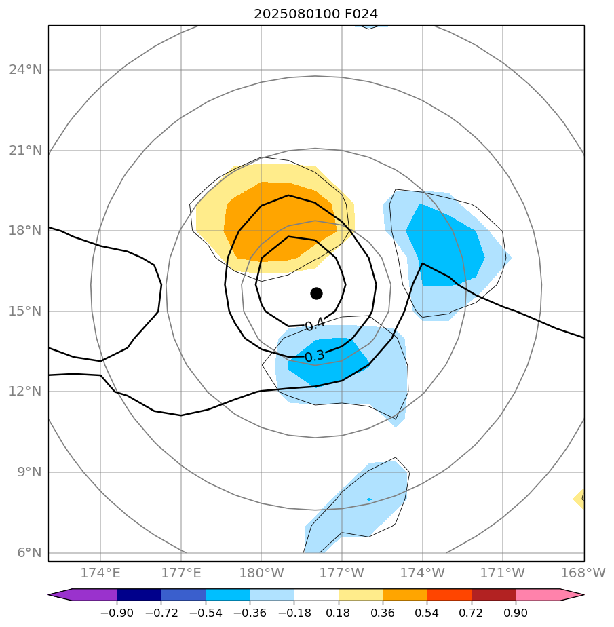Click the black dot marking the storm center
[316, 293]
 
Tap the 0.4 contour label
[314, 325]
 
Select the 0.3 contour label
[314, 356]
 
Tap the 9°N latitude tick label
[26, 472]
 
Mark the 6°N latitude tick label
[26, 552]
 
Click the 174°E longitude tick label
[100, 573]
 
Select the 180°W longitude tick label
[261, 573]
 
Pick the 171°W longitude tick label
[503, 573]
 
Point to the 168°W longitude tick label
[583, 573]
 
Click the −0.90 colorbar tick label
[117, 613]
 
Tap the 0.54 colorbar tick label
[427, 613]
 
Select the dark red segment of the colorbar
[493, 594]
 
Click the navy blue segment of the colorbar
[138, 594]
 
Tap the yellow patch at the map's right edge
[579, 499]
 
